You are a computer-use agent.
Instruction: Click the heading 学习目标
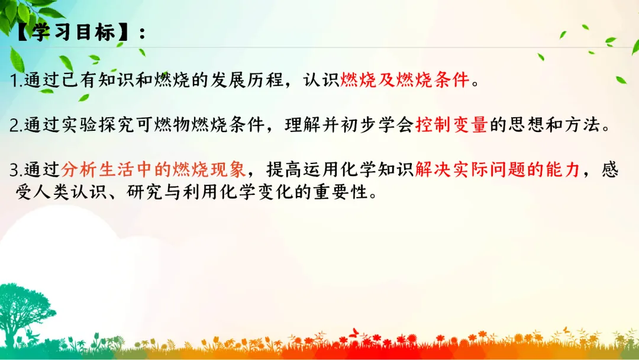click(74, 32)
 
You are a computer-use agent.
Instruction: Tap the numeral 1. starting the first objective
click(17, 81)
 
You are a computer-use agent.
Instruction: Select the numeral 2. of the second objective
click(17, 125)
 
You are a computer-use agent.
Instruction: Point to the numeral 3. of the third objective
click(17, 170)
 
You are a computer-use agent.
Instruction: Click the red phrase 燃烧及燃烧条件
click(405, 79)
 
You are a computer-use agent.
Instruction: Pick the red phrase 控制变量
click(451, 124)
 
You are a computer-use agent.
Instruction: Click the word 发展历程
click(247, 79)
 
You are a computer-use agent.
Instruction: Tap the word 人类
click(51, 192)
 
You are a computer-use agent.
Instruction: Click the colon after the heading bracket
click(142, 33)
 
